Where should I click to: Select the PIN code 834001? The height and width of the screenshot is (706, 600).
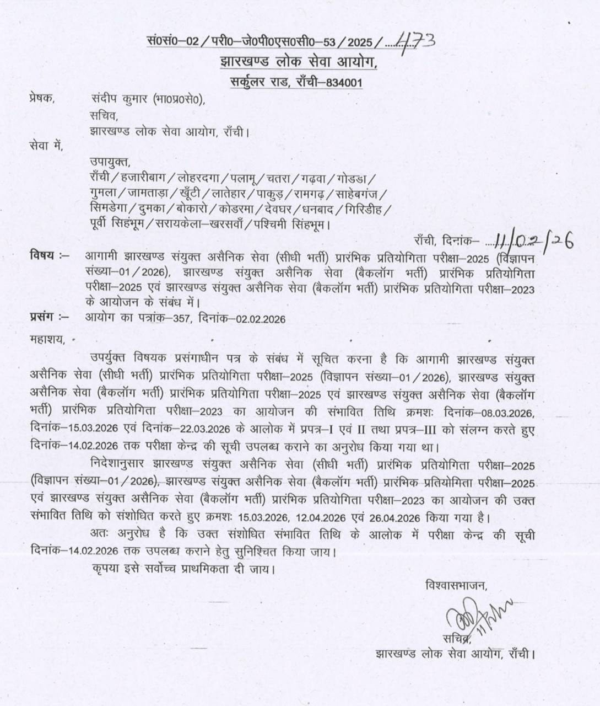click(x=344, y=83)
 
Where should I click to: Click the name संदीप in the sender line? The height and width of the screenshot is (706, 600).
click(x=105, y=99)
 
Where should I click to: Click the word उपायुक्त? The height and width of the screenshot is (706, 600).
click(x=110, y=162)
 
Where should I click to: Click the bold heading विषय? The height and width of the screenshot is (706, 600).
click(x=43, y=255)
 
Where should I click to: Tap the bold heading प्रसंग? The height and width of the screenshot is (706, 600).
click(x=43, y=317)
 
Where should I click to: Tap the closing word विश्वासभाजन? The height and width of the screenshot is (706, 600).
click(x=456, y=585)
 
